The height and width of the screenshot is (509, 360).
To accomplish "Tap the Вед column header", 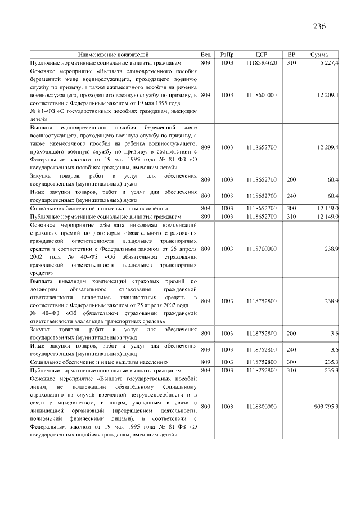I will tap(206, 55).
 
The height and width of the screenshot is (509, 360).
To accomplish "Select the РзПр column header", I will tap(227, 55).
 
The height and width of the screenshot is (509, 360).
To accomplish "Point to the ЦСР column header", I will tap(261, 55).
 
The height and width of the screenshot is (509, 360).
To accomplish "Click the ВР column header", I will tap(291, 55).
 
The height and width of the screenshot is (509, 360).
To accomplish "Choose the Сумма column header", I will tap(320, 55).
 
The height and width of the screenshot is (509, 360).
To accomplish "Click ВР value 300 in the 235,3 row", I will tap(291, 363).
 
